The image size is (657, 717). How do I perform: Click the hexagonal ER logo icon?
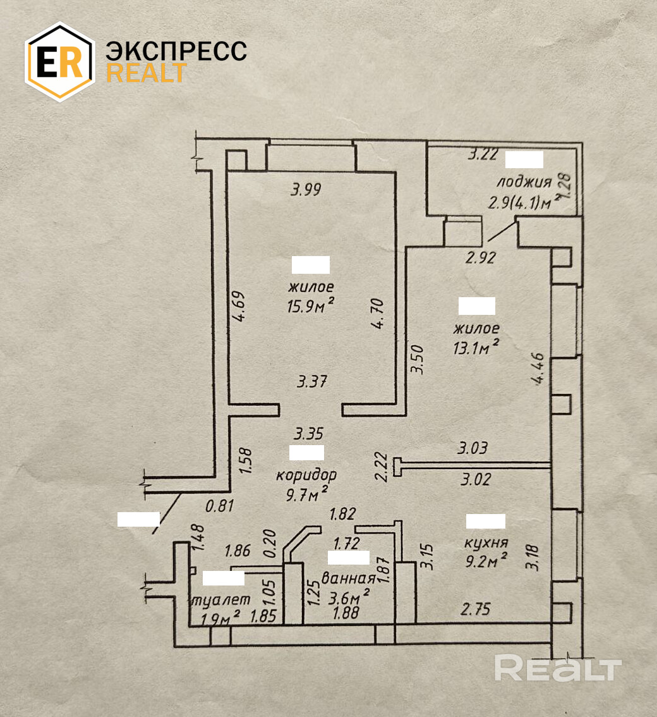coord(59,61)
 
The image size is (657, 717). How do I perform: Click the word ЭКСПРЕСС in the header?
coord(176,51)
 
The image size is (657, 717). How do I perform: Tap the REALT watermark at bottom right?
coord(558,668)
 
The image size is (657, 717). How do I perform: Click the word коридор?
coord(306,474)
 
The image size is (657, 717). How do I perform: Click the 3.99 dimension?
coord(306,189)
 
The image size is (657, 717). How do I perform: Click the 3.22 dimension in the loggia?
coord(483,154)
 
